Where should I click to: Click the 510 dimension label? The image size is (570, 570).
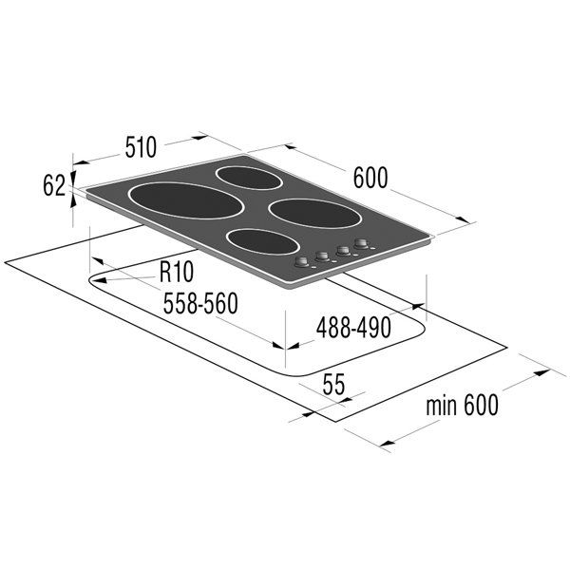pyautogui.click(x=141, y=147)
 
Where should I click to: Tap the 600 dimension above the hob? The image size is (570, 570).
pyautogui.click(x=370, y=178)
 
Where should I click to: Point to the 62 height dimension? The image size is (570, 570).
pyautogui.click(x=54, y=185)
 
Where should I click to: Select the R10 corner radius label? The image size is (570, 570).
pyautogui.click(x=177, y=272)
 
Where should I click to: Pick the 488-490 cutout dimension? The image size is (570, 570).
pyautogui.click(x=353, y=327)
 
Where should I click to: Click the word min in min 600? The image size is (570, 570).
pyautogui.click(x=442, y=406)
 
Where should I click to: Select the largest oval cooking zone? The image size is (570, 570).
pyautogui.click(x=186, y=201)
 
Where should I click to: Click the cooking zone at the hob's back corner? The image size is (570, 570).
pyautogui.click(x=249, y=178)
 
